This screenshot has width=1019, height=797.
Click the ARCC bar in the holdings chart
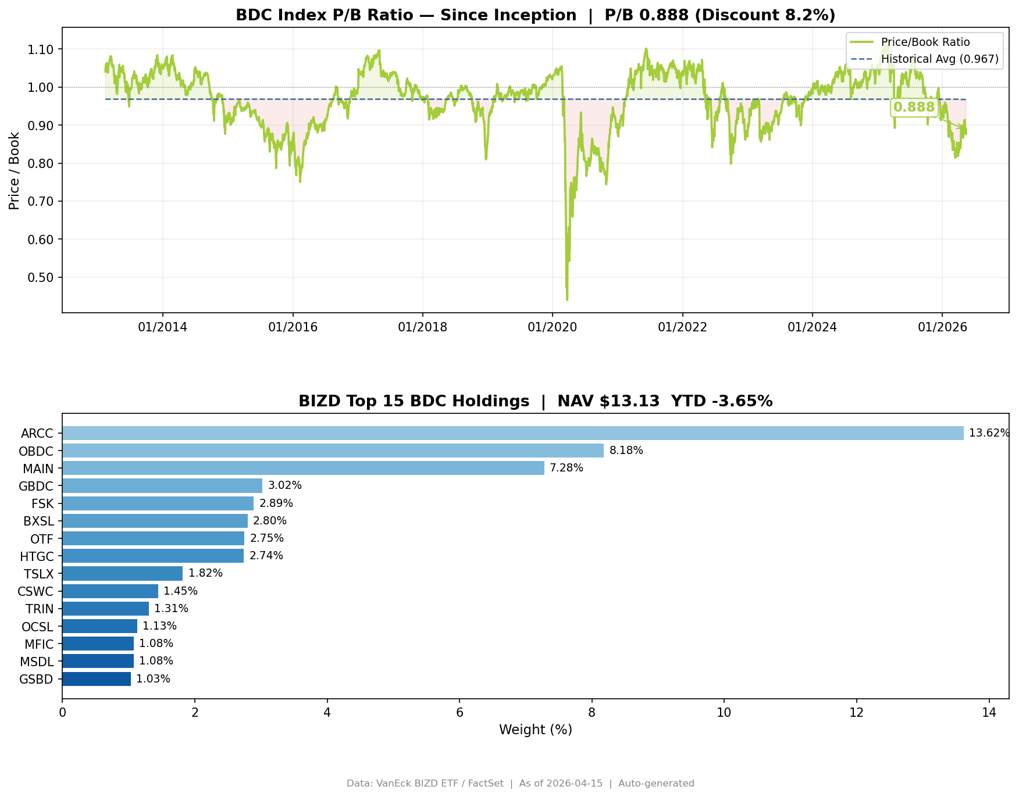(x=513, y=433)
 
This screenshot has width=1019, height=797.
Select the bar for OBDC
(x=333, y=451)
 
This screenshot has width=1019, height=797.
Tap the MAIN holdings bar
(x=304, y=468)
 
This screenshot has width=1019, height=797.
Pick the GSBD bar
(x=97, y=679)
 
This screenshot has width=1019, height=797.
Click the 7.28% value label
(x=566, y=468)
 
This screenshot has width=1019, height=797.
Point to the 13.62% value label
(x=989, y=433)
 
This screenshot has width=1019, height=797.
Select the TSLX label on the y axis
(x=38, y=574)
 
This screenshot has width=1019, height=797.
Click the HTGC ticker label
(x=37, y=556)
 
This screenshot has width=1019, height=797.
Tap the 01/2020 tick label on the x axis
(x=553, y=327)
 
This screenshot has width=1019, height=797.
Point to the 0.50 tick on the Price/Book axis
(x=41, y=277)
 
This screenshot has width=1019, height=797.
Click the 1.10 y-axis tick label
(x=41, y=49)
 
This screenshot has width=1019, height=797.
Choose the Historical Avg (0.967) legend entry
(x=924, y=59)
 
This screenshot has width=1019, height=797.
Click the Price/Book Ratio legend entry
(x=910, y=42)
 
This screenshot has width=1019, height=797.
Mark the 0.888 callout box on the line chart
(x=914, y=108)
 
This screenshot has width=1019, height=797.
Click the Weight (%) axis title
(x=536, y=730)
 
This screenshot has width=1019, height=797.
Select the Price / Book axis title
(x=15, y=170)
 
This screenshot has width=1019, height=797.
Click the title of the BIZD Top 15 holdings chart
(x=536, y=401)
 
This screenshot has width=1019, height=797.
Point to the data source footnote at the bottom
(x=521, y=784)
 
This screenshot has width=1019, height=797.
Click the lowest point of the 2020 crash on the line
(x=567, y=300)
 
